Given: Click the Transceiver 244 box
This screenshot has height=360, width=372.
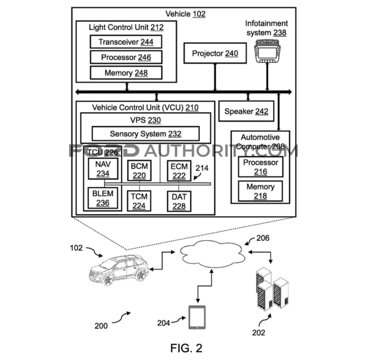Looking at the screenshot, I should [126, 42].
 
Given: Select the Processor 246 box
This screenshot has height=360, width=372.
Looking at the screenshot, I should [126, 57].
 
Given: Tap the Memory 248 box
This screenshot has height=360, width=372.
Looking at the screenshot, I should [126, 73].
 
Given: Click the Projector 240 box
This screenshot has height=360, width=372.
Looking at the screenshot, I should [215, 53].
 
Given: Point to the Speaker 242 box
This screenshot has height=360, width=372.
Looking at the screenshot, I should [246, 111].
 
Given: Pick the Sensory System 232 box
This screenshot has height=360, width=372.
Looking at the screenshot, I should [145, 134].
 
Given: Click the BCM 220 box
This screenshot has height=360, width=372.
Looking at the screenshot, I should [139, 171].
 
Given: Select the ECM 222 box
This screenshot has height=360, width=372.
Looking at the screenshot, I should [179, 171].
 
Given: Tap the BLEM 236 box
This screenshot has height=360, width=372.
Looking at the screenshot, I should [103, 198].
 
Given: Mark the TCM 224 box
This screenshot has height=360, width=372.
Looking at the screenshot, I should [139, 201].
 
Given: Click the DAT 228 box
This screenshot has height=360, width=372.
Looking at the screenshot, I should [179, 201].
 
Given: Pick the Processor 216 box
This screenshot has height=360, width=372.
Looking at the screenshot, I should [260, 167].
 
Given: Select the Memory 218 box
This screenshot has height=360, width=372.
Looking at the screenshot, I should [260, 191].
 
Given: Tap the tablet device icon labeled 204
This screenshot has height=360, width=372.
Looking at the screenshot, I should [197, 317].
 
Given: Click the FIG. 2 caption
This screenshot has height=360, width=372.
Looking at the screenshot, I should [186, 348].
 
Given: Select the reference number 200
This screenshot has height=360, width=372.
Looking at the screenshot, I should [101, 325].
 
